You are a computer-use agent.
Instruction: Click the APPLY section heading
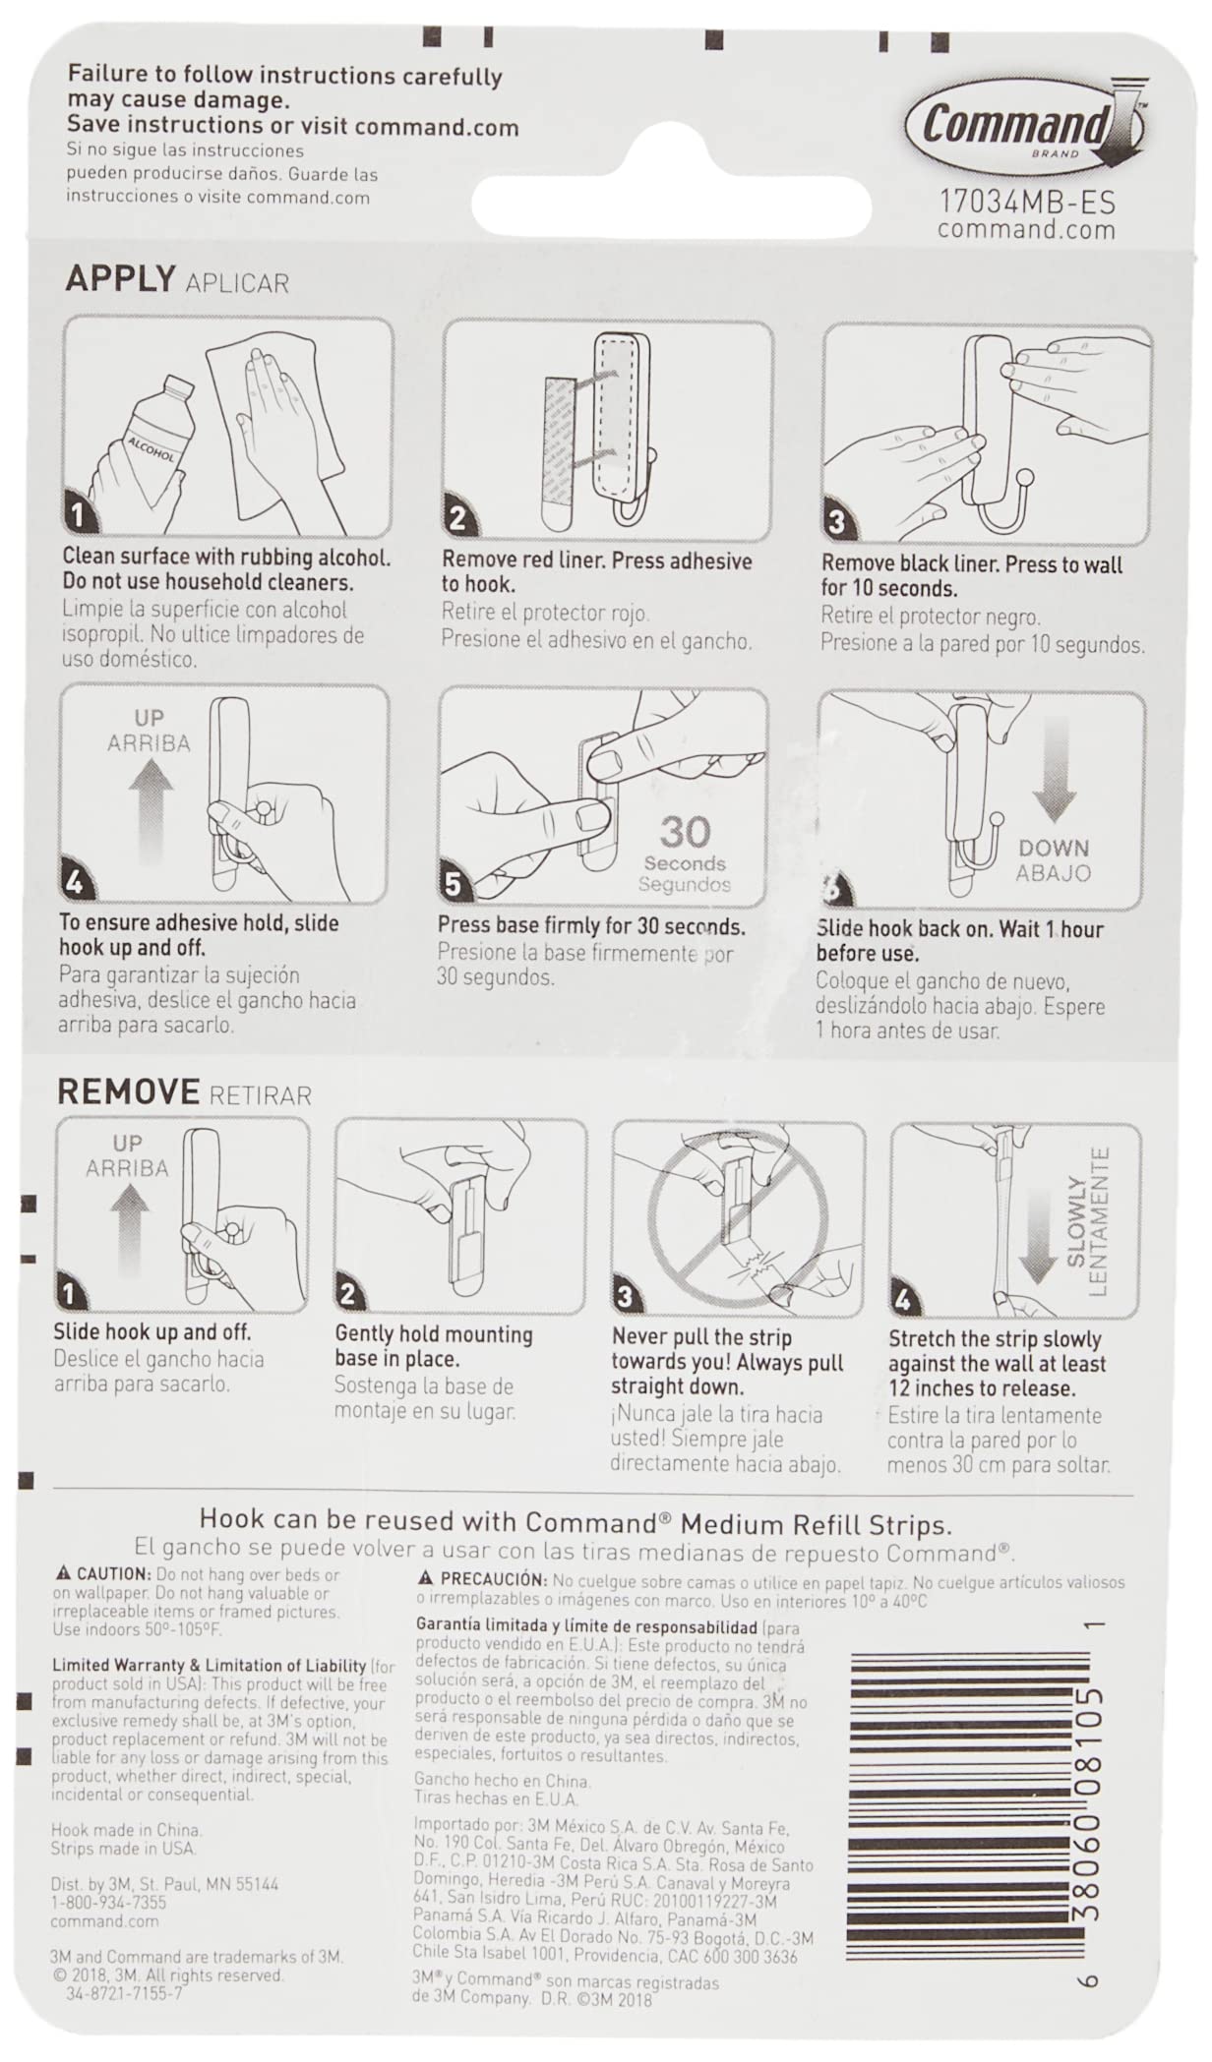pyautogui.click(x=120, y=279)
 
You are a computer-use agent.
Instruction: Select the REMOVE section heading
pyautogui.click(x=128, y=1091)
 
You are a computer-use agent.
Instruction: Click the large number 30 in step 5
pyautogui.click(x=685, y=833)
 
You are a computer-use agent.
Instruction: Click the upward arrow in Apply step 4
pyautogui.click(x=150, y=812)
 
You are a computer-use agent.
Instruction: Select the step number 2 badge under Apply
pyautogui.click(x=457, y=517)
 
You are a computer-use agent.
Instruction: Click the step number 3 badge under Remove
pyautogui.click(x=625, y=1297)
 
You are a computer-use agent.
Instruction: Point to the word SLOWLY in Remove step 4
pyautogui.click(x=1075, y=1221)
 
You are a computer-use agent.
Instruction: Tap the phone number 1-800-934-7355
pyautogui.click(x=108, y=1902)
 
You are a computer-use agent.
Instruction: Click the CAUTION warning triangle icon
pyautogui.click(x=64, y=1573)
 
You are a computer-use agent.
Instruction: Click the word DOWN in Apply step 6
pyautogui.click(x=1054, y=848)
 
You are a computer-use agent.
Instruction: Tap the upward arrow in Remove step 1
pyautogui.click(x=129, y=1230)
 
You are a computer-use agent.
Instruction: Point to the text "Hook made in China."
pyautogui.click(x=126, y=1830)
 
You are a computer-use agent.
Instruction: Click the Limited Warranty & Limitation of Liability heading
pyautogui.click(x=209, y=1665)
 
